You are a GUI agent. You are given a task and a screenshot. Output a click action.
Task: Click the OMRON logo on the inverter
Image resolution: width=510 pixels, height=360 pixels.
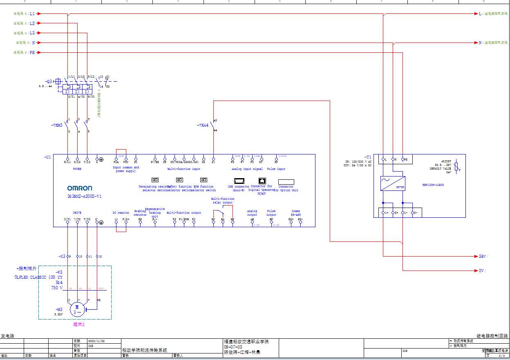pos(80,188)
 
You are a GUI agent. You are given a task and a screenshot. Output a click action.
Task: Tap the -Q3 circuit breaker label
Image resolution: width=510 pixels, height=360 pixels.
pos(49,81)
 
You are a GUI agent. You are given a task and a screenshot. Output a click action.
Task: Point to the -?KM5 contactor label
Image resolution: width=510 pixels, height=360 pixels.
pos(57,125)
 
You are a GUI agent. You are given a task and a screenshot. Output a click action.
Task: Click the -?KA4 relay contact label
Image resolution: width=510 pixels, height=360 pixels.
pos(203,125)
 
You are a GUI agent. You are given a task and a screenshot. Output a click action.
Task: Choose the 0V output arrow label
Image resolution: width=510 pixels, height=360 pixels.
pos(482,271)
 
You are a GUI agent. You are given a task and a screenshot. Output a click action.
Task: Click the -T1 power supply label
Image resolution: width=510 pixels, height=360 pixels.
pos(368,157)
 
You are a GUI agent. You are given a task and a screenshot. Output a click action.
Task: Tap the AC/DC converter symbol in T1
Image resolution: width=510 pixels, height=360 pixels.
pos(393,183)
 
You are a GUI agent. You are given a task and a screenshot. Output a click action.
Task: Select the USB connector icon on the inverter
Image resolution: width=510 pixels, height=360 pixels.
pos(239,181)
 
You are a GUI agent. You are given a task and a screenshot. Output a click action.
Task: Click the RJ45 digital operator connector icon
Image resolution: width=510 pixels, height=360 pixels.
pos(262,181)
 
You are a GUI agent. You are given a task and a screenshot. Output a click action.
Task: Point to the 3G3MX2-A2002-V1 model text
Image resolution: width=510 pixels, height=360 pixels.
pos(85,196)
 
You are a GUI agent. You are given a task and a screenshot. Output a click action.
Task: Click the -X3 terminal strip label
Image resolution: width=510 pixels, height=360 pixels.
pos(62,256)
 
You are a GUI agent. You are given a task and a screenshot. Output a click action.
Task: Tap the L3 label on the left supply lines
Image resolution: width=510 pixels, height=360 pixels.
pos(32,33)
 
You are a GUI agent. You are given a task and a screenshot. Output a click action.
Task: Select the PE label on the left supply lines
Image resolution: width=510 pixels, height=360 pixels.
pos(32,53)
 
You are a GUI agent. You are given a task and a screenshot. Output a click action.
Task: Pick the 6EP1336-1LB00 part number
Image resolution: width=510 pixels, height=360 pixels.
pos(433,185)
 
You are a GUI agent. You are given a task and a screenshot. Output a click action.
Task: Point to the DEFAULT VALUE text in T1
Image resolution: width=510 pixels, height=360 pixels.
pos(440,168)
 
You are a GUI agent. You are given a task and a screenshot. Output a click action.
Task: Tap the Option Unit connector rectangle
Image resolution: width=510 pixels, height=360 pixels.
pos(286,182)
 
